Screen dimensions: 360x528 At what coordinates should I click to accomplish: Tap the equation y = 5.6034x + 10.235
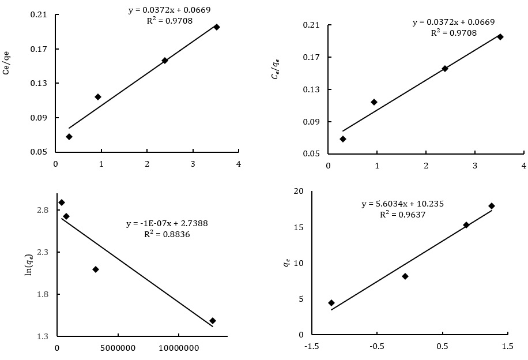pyautogui.click(x=402, y=204)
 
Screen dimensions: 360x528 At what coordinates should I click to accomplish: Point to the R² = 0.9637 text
pyautogui.click(x=402, y=215)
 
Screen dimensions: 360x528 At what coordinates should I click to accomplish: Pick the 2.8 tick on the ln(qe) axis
pyautogui.click(x=43, y=211)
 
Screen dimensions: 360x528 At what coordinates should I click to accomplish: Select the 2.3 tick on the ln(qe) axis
pyautogui.click(x=43, y=253)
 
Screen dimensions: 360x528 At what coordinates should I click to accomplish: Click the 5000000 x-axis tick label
pyautogui.click(x=118, y=348)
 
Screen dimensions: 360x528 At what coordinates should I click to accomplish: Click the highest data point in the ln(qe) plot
pyautogui.click(x=62, y=202)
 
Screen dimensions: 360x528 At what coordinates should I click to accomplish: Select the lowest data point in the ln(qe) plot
pyautogui.click(x=213, y=321)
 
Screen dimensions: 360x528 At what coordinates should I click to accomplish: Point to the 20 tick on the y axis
pyautogui.click(x=298, y=192)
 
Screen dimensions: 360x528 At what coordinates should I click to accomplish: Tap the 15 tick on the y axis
pyautogui.click(x=298, y=227)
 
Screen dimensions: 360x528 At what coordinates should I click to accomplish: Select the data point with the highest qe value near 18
pyautogui.click(x=492, y=206)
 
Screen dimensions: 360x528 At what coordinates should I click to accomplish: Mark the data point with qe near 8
pyautogui.click(x=405, y=276)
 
